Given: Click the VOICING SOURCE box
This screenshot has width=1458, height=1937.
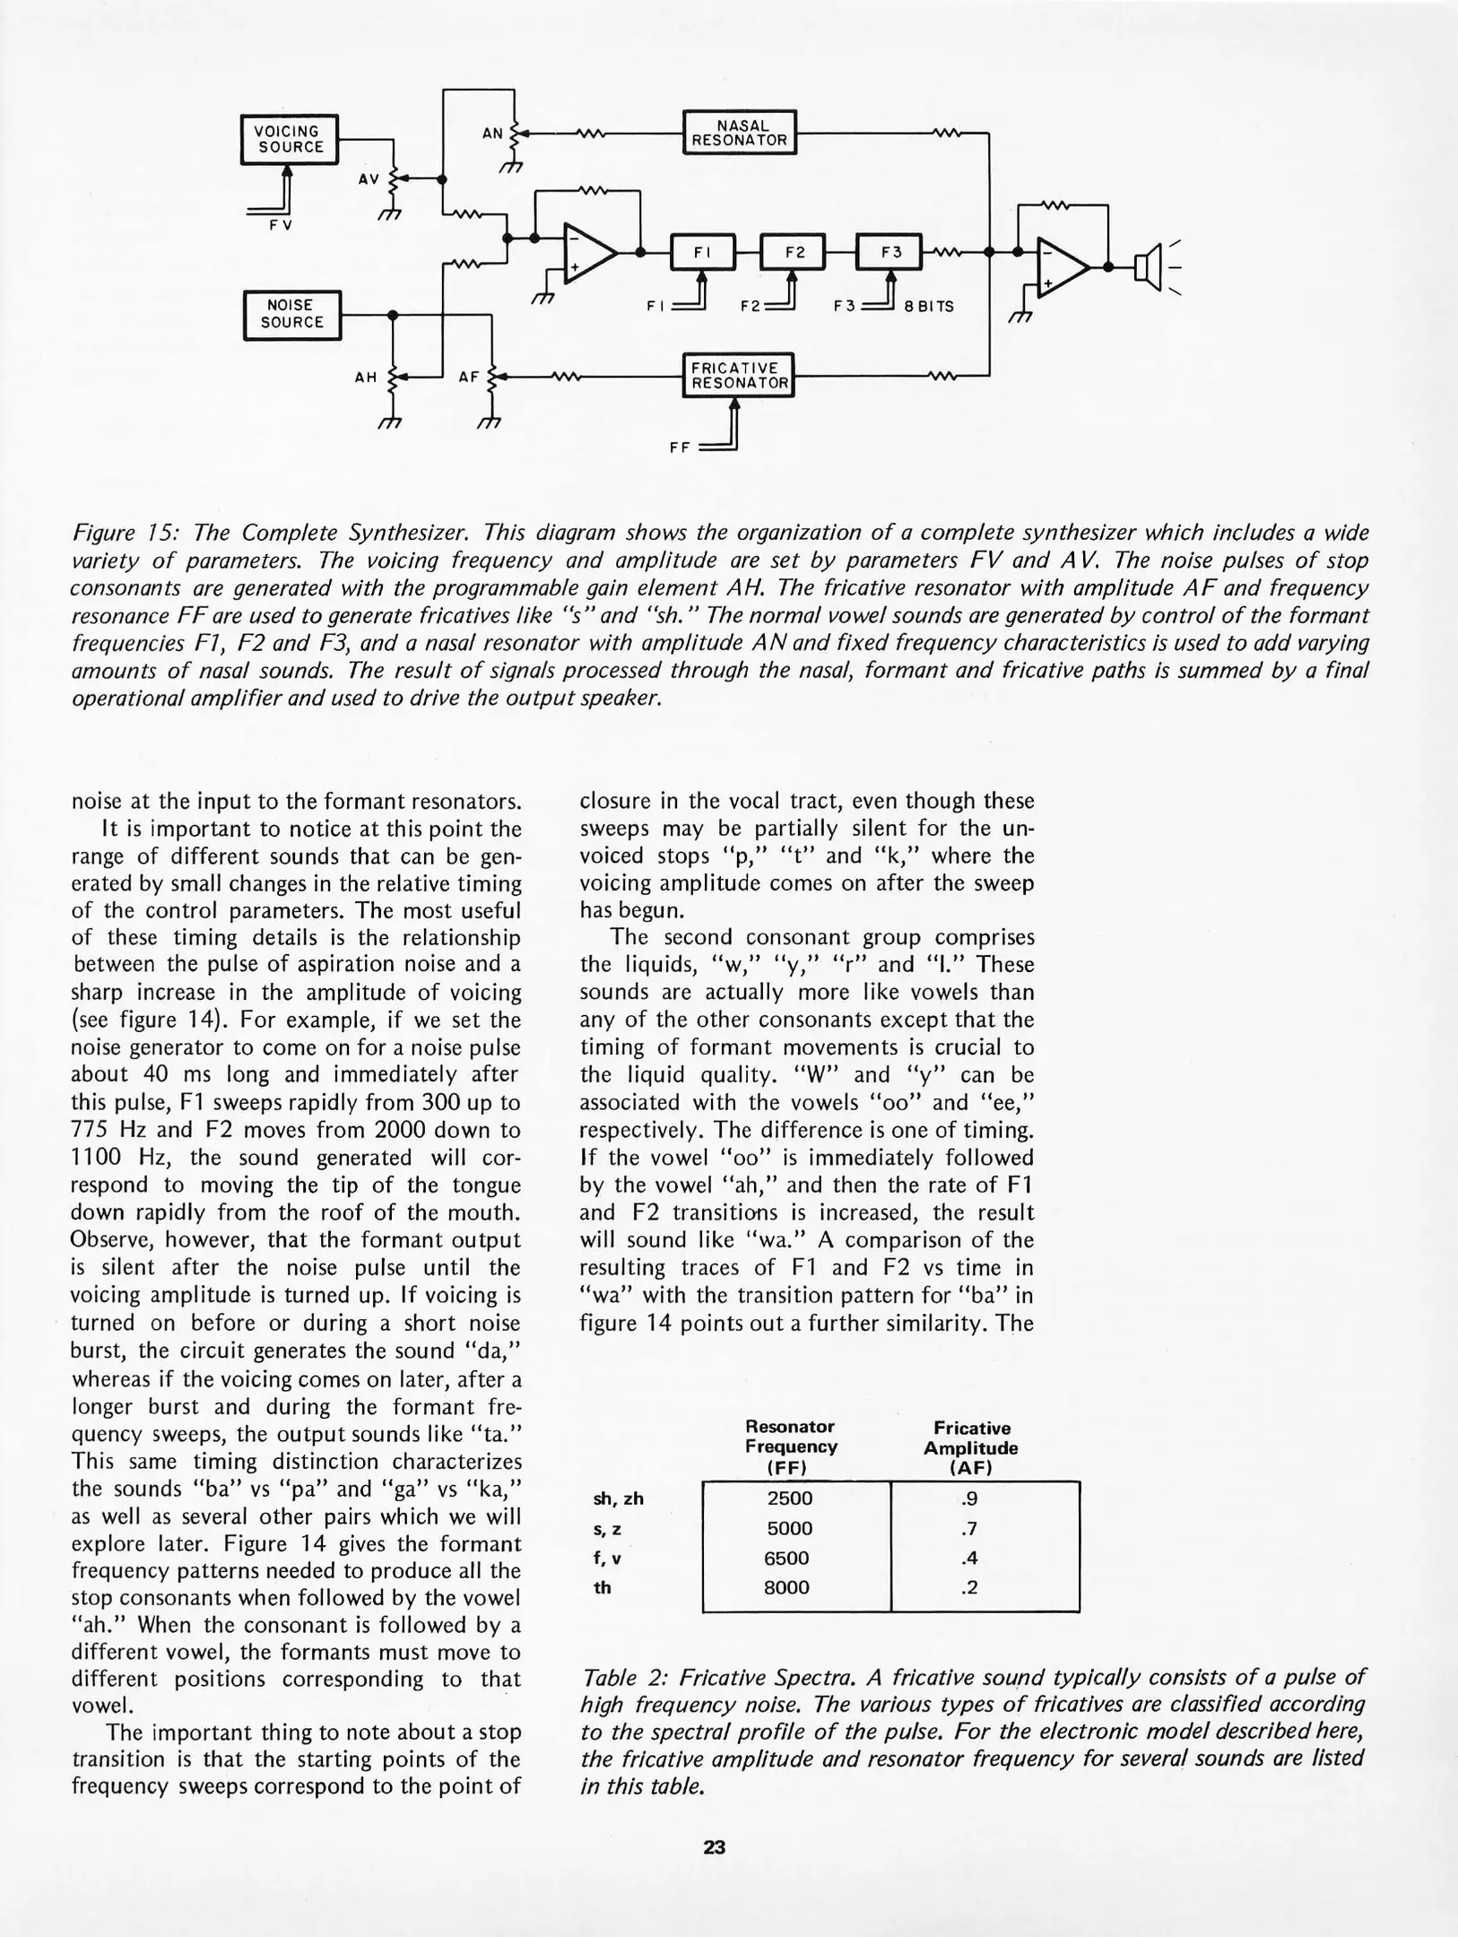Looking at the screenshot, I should [x=290, y=139].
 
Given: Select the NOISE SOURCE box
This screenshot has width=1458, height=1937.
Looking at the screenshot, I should [x=292, y=315].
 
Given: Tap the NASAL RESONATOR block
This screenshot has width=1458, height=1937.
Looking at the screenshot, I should [x=739, y=133].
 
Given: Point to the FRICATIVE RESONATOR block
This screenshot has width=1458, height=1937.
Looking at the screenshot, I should [x=739, y=375].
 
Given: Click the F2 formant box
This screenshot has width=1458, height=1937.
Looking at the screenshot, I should [x=794, y=253].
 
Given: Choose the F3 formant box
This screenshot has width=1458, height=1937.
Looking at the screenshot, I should [x=890, y=253].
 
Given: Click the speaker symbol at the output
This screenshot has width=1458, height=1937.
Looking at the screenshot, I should [x=1147, y=266].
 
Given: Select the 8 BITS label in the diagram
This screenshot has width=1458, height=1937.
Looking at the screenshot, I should [x=929, y=307].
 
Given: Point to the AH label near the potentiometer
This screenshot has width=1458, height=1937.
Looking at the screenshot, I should [x=365, y=378].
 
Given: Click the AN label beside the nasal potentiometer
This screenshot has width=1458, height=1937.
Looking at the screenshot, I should [x=492, y=134].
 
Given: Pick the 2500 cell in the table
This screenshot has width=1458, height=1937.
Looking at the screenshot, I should [x=789, y=1498].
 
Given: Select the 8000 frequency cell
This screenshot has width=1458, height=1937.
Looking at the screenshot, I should [x=786, y=1587].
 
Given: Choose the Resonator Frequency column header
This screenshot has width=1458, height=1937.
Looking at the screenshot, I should [x=790, y=1446].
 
